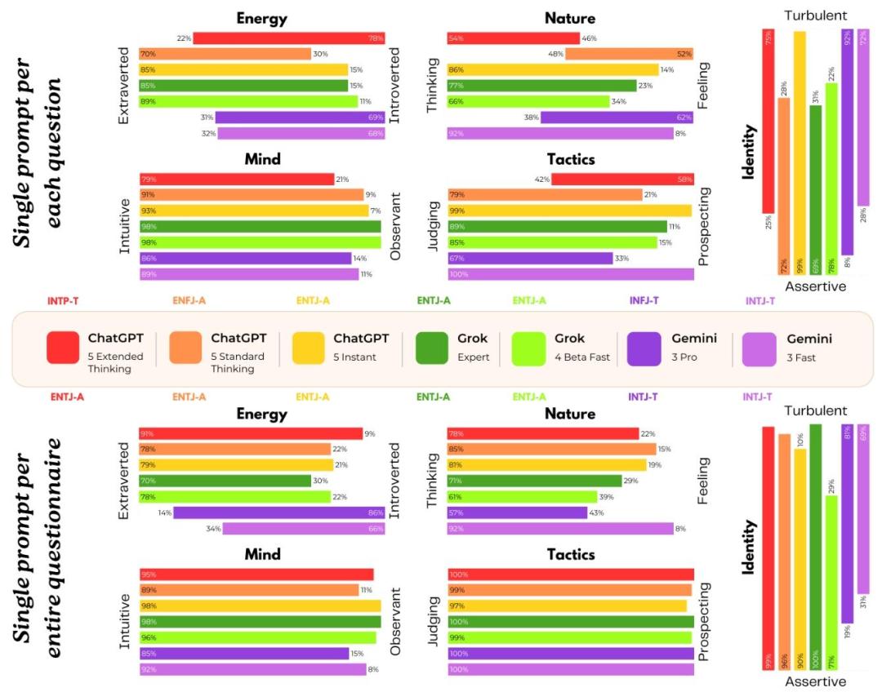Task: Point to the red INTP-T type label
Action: coord(64,300)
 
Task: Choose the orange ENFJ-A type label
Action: coord(189,300)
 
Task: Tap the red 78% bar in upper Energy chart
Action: coord(288,38)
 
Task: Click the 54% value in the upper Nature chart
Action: coord(456,38)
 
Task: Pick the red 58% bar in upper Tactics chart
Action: coord(622,180)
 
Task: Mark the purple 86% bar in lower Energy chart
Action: coord(278,512)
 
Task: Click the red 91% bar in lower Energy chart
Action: coord(251,434)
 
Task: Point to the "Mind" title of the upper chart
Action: coord(262,159)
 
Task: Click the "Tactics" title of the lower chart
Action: coord(570,555)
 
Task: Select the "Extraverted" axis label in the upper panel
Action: coord(125,86)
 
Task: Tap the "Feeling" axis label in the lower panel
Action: coord(704,481)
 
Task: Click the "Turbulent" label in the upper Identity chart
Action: coord(816,16)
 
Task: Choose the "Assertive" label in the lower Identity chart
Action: coord(816,681)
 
